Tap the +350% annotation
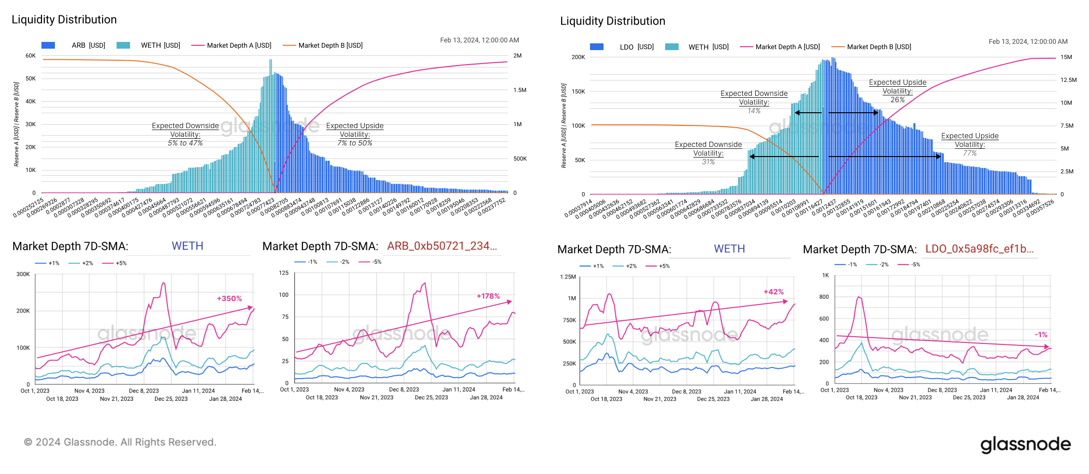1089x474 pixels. [x=229, y=299]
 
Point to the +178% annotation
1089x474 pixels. [x=488, y=296]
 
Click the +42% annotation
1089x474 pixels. [x=774, y=292]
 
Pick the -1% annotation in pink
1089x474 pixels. [x=1041, y=334]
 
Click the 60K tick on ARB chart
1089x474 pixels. [x=30, y=56]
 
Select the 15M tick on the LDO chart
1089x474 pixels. [x=1066, y=57]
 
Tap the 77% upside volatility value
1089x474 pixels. [x=970, y=153]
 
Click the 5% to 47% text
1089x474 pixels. [x=185, y=143]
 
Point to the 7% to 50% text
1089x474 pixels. [x=354, y=143]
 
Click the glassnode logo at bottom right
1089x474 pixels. [x=1025, y=444]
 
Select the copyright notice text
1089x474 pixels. [x=120, y=442]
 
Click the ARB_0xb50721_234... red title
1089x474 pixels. [x=442, y=246]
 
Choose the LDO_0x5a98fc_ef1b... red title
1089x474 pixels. [x=979, y=249]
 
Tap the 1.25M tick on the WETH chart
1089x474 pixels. [x=568, y=277]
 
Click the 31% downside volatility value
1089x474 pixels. [x=708, y=162]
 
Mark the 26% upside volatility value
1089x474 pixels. [x=897, y=100]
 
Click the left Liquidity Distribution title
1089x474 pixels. [x=64, y=20]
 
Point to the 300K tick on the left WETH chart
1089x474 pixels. [x=23, y=274]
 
